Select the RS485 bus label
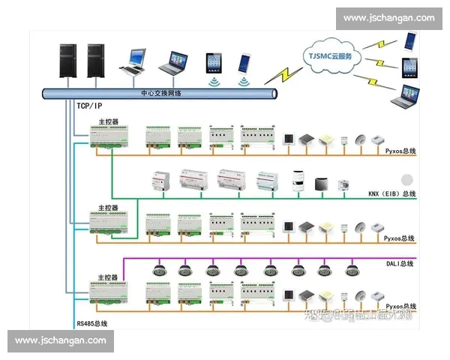(91, 323)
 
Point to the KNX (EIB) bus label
(391, 194)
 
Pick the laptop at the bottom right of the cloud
(408, 96)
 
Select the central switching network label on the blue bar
(161, 94)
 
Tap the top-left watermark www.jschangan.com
(388, 17)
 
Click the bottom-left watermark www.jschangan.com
(61, 340)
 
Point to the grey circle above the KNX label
(408, 180)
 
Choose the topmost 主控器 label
(109, 121)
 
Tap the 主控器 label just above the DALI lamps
(109, 277)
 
